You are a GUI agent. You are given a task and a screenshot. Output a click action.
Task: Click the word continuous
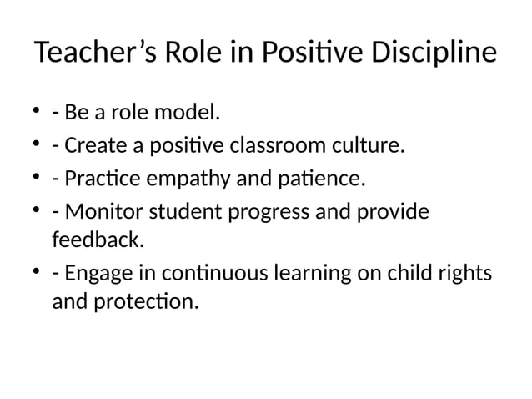pos(220,274)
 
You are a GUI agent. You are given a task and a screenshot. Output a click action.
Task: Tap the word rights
pos(463,274)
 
